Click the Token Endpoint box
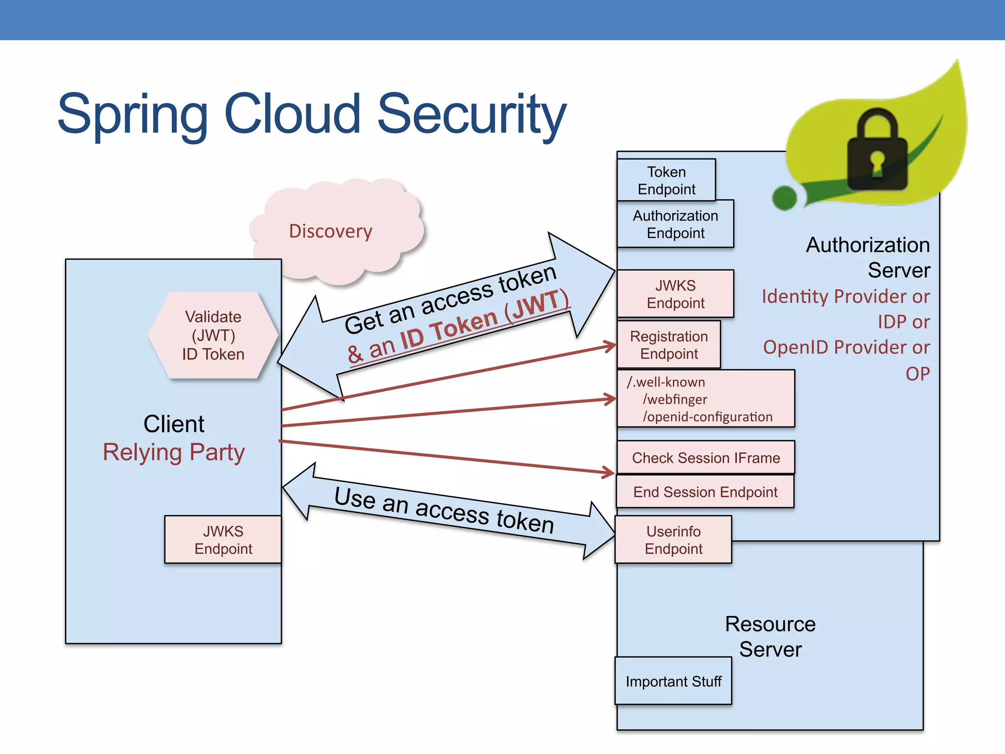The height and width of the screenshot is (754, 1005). [666, 180]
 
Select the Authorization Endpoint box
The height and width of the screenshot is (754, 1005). [675, 224]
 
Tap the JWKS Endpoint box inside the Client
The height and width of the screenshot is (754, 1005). [223, 539]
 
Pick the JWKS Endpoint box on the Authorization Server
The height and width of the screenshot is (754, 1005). [675, 294]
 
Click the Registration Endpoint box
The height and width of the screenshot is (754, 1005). [668, 345]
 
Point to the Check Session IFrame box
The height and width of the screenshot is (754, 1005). [705, 458]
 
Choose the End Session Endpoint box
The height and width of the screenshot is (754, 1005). [705, 491]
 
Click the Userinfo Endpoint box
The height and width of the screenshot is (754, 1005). [673, 539]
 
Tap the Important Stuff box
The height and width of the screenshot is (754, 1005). [673, 681]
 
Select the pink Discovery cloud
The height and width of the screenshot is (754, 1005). [331, 231]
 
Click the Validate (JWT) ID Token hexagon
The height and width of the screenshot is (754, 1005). [213, 335]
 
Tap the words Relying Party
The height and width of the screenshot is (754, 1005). [173, 452]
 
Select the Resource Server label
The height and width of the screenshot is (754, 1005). [770, 637]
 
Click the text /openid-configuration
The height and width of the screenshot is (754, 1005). [707, 417]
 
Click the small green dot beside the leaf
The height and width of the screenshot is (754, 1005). [784, 198]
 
